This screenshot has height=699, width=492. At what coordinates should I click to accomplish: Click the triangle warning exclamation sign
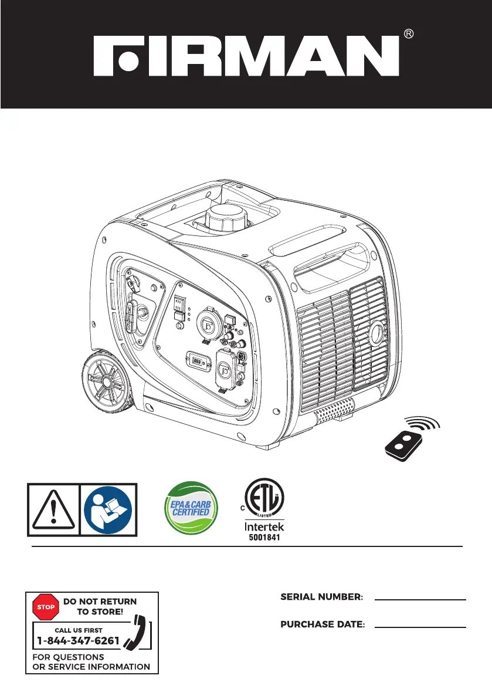point(53,510)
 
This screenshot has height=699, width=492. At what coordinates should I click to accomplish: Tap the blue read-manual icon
point(108,510)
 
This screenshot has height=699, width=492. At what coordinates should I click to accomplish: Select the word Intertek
point(264,527)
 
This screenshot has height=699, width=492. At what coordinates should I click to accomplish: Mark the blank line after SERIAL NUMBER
point(420,599)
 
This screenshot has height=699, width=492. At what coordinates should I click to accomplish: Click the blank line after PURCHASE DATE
point(420,626)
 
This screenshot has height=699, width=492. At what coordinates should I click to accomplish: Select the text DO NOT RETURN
point(100,602)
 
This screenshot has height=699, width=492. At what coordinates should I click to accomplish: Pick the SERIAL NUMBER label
point(322,597)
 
